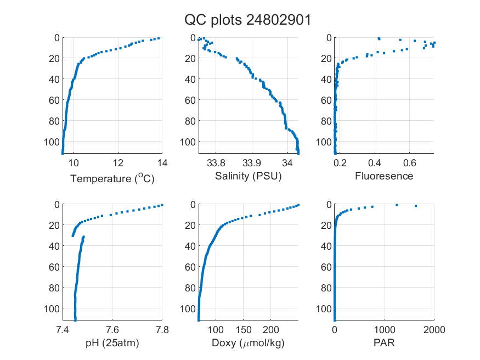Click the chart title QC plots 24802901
point(247,20)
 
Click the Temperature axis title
point(112,178)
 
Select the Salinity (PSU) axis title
point(249,176)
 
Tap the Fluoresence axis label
point(384,176)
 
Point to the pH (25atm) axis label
point(112,343)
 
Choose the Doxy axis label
point(249,343)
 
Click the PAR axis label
point(384,342)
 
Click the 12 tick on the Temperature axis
point(118,163)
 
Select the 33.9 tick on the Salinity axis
point(252,163)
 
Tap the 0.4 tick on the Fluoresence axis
point(375,163)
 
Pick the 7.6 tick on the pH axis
point(112,330)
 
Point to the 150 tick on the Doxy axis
point(244,330)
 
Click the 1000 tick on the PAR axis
point(385,330)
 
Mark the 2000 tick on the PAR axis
point(434,330)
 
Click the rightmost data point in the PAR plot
point(416,206)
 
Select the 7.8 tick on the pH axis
point(162,330)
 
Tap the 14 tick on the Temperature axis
point(162,163)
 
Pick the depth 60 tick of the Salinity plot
point(190,100)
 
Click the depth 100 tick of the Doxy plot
point(188,308)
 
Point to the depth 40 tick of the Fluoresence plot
point(326,79)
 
